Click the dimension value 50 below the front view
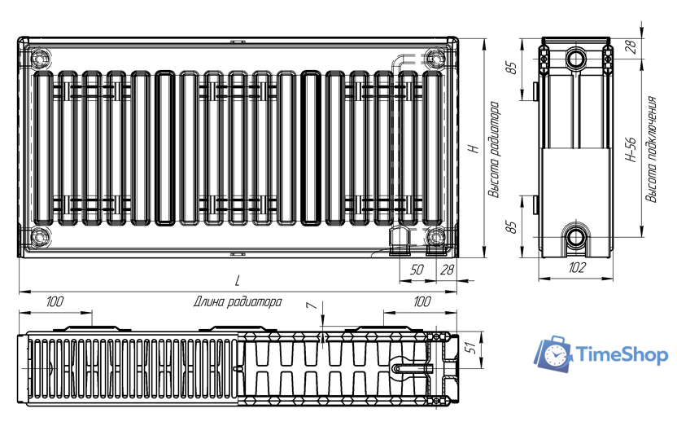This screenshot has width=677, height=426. point(417,270)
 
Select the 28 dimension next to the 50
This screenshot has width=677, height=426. point(447,270)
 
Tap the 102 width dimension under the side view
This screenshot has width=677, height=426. point(576,267)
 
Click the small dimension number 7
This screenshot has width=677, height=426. point(312,306)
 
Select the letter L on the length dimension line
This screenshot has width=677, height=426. point(237,280)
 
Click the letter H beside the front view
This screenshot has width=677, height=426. point(474,148)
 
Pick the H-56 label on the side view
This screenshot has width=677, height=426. point(631,150)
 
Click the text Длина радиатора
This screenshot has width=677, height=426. point(238,301)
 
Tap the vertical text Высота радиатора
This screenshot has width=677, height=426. point(494,150)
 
